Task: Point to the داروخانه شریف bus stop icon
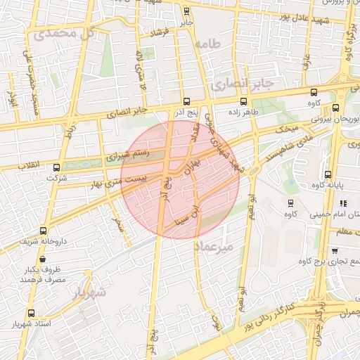click(x=44, y=231)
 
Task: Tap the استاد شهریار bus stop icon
click(x=30, y=313)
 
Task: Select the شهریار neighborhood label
click(x=89, y=291)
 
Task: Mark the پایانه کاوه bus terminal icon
click(x=328, y=174)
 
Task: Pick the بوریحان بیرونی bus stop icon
click(x=335, y=108)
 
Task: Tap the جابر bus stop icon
click(x=186, y=11)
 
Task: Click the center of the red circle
click(x=180, y=179)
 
